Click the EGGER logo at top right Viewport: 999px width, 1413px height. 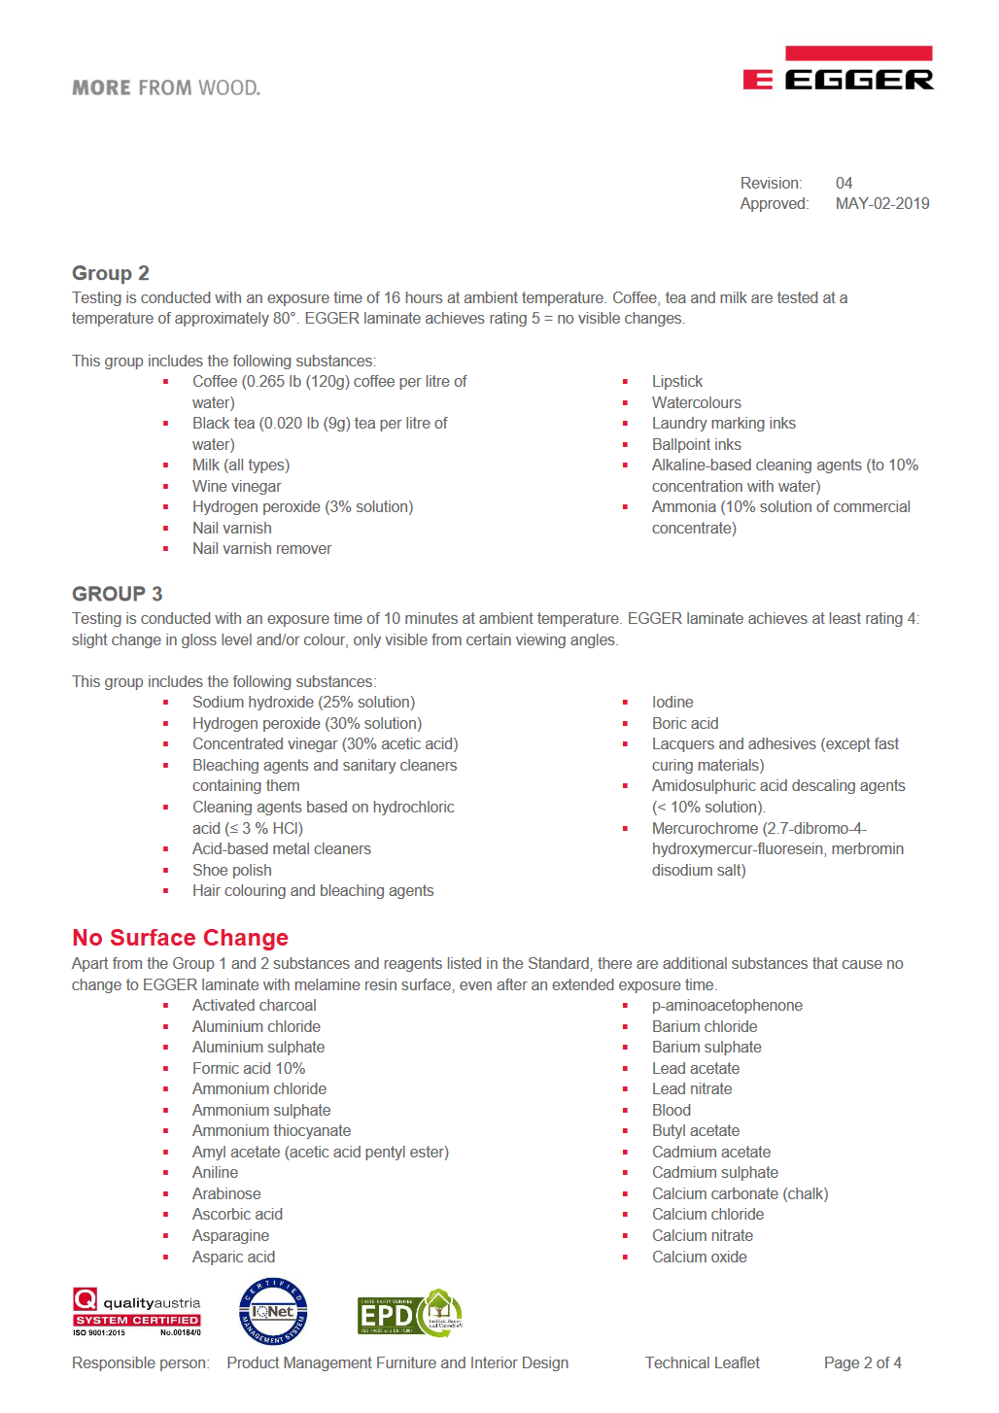[838, 69]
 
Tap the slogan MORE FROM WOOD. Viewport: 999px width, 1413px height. [166, 88]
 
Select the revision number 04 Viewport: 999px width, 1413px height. [844, 183]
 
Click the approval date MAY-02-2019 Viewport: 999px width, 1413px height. [881, 203]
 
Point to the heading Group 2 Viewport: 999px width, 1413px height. [111, 273]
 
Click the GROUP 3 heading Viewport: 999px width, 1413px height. [117, 594]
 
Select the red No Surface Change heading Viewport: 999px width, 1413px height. [180, 938]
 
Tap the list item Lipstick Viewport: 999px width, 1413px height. [676, 381]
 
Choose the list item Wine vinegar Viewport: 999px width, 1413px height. [236, 486]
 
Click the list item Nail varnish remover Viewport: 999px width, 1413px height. [261, 548]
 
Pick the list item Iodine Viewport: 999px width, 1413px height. [672, 702]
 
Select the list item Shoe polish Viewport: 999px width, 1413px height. [231, 870]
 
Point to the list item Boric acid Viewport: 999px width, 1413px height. [685, 723]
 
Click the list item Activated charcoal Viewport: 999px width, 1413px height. [254, 1005]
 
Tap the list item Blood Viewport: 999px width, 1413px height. [671, 1110]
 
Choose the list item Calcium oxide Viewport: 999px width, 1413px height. [699, 1257]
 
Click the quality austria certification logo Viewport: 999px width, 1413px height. [136, 1312]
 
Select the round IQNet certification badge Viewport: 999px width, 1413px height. [273, 1312]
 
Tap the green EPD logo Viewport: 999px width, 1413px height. [409, 1313]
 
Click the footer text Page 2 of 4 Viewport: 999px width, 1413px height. [862, 1362]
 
